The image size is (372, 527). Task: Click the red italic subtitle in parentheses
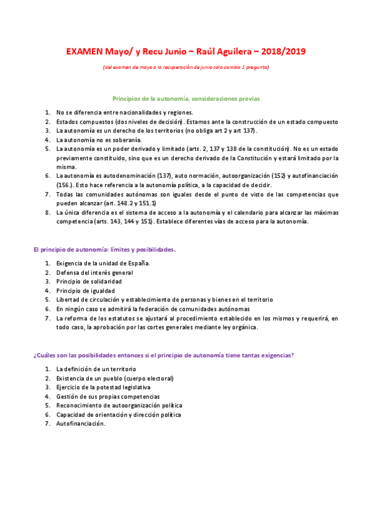coord(186,66)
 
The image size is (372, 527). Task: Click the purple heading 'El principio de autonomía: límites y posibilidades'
coord(104,249)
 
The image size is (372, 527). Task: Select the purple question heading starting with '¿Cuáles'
coord(163,355)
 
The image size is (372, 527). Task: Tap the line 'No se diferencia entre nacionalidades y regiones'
coord(124,112)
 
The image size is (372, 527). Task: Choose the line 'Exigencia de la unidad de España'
coord(103,263)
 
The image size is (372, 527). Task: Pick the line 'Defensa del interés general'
coord(94,272)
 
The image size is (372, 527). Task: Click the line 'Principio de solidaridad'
coord(89,282)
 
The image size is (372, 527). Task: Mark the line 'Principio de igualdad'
coord(85,290)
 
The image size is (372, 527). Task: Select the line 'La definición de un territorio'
coord(96,369)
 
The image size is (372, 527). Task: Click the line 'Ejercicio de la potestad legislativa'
coord(103,387)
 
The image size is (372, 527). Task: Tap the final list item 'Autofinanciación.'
coord(81,424)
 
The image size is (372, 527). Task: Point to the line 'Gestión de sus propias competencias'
coord(107,396)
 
